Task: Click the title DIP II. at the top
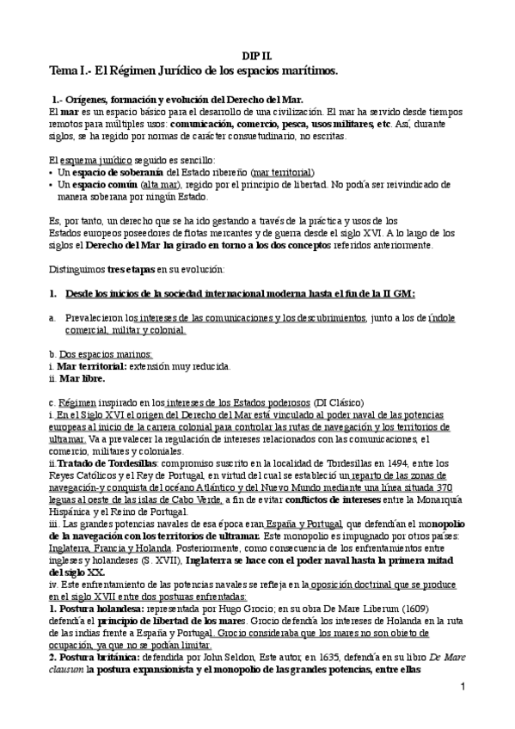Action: [257, 53]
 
